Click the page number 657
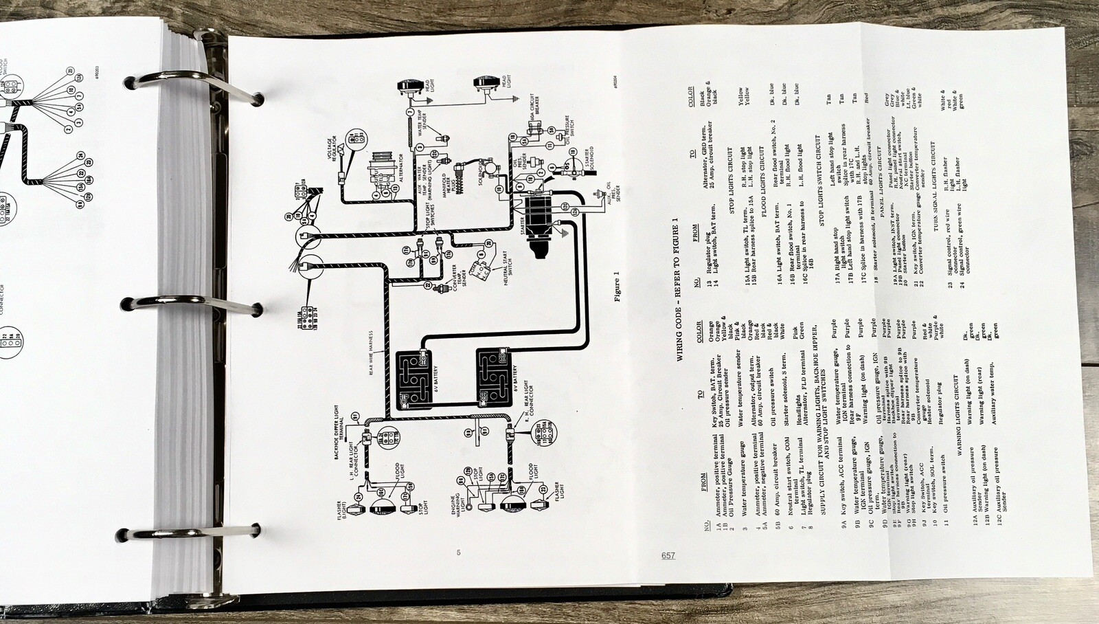click(668, 555)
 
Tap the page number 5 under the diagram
click(458, 553)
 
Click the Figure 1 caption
click(616, 287)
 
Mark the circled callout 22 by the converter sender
click(427, 285)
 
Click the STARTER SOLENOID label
click(589, 159)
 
